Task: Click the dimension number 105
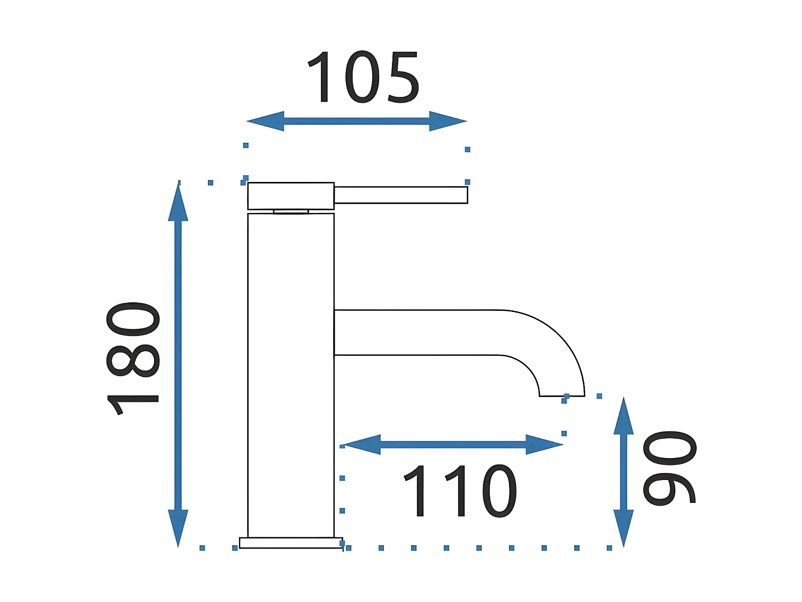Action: click(x=363, y=78)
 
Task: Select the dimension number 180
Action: click(x=133, y=359)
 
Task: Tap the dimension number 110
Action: click(x=460, y=491)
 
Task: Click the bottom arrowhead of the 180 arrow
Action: click(x=178, y=528)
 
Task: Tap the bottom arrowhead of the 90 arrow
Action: click(x=623, y=528)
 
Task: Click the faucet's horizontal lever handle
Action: click(x=401, y=195)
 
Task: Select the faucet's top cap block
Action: click(x=291, y=196)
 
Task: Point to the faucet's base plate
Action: click(x=291, y=543)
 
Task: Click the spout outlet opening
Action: click(x=561, y=396)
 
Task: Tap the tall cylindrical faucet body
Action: click(x=291, y=375)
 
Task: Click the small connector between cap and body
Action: click(x=291, y=212)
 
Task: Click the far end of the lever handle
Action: click(x=464, y=195)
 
